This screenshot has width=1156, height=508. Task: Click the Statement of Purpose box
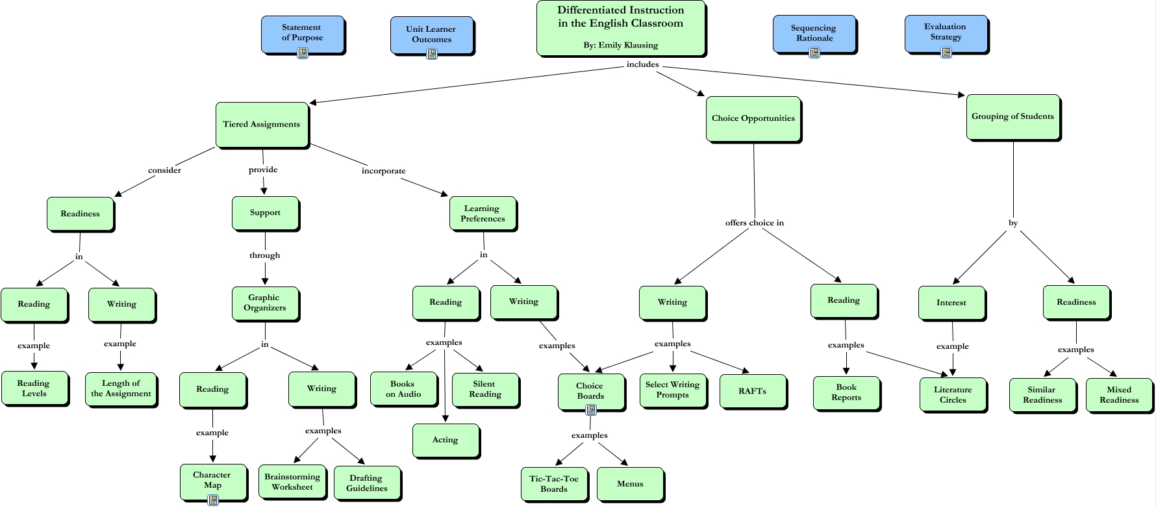pos(302,33)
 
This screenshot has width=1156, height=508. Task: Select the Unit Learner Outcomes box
pos(431,34)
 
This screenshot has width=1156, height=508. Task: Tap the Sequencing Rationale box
pos(814,33)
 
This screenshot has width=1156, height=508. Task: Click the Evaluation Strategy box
pos(946,32)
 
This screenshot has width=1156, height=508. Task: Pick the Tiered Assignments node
pos(262,124)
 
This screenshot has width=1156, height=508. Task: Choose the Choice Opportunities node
pos(753,118)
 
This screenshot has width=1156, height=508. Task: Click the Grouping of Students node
pos(1012,116)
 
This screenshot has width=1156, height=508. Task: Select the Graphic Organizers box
pos(265,303)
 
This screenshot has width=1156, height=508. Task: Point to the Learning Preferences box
pos(483,214)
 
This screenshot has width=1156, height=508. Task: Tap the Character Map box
pos(212,480)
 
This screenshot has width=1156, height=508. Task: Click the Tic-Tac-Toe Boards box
pos(554,484)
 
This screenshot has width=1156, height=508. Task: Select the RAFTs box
pos(753,391)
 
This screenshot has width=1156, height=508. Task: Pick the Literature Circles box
pos(953,395)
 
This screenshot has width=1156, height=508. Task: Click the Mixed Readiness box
pos(1119,395)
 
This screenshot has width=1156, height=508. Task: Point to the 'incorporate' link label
pos(383,171)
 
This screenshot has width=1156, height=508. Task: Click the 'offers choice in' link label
pos(754,223)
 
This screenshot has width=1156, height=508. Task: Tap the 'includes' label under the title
pos(642,64)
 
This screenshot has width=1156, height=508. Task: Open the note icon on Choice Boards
pos(591,410)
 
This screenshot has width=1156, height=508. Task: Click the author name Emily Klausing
pos(628,45)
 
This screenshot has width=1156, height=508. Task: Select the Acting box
pos(446,440)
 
